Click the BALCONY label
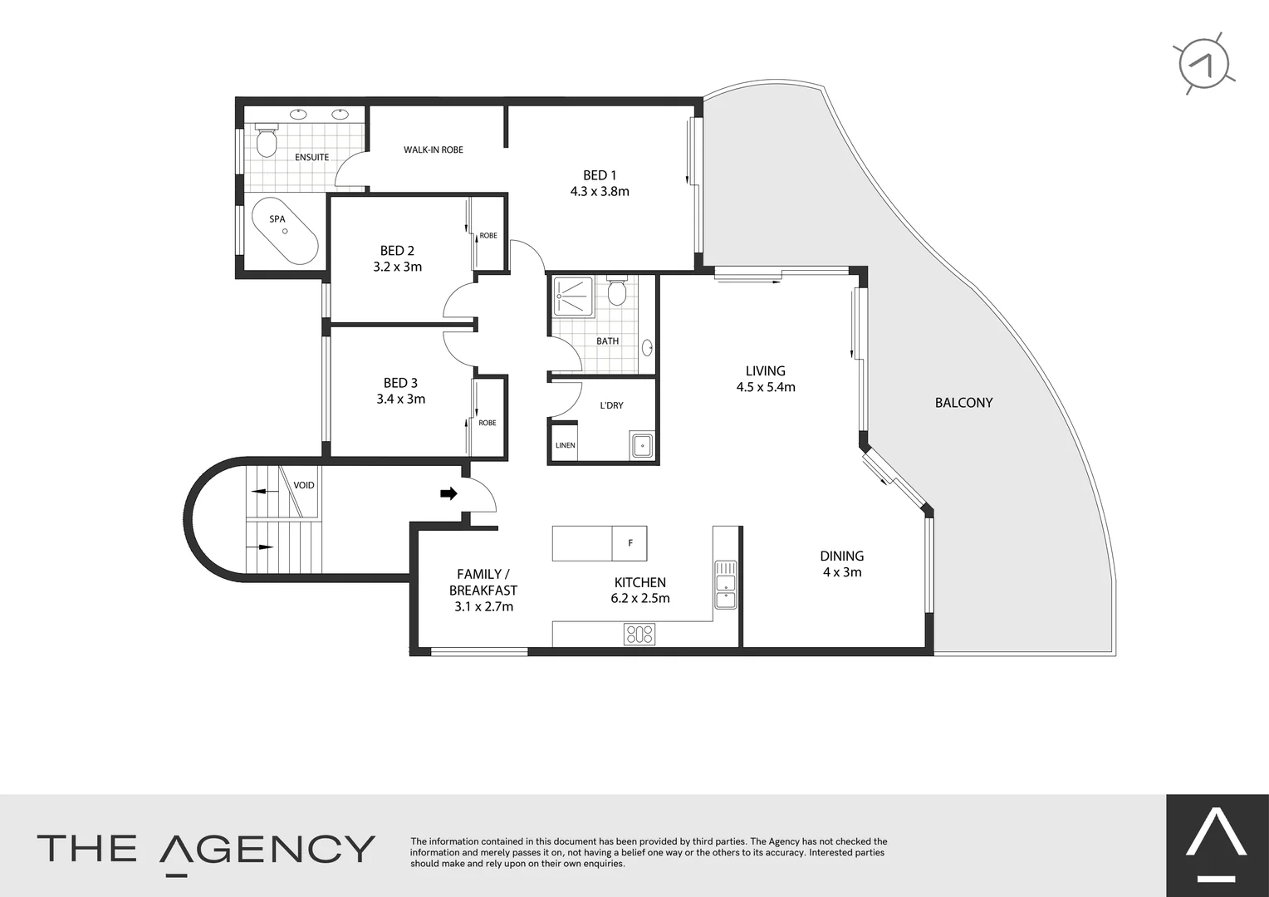tap(963, 403)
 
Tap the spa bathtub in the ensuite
tap(284, 232)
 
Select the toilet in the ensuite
tap(267, 141)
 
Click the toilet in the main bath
tap(617, 292)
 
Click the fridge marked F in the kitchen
tap(630, 543)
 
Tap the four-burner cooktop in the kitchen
tap(639, 634)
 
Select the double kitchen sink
tap(725, 586)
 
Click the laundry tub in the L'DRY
tap(641, 445)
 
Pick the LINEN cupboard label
tap(566, 445)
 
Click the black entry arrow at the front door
tap(448, 494)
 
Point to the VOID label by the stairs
tap(304, 485)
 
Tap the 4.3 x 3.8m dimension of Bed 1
tap(600, 192)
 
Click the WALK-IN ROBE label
tap(434, 150)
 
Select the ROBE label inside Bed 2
tap(488, 236)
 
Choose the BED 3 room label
tap(400, 383)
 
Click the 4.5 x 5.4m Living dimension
tap(766, 387)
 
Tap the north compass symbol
tap(1206, 64)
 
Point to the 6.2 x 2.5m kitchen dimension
tap(640, 599)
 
